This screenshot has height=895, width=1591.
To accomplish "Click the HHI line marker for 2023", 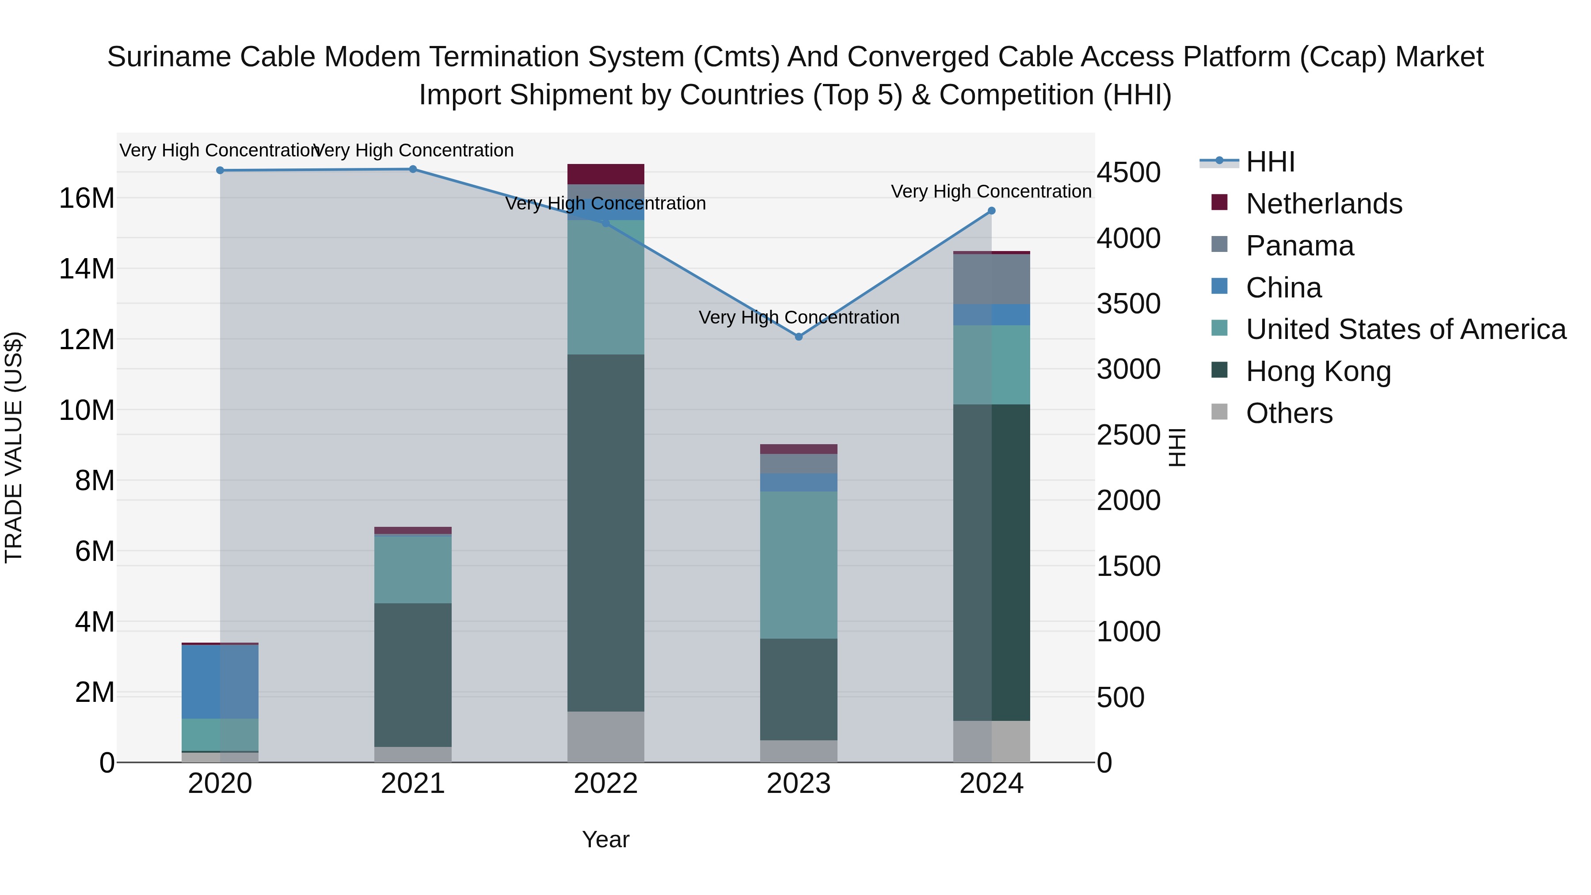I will pyautogui.click(x=799, y=337).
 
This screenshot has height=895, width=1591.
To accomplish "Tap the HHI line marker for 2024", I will pyautogui.click(x=991, y=211).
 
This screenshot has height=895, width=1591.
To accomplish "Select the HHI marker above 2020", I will pyautogui.click(x=221, y=171).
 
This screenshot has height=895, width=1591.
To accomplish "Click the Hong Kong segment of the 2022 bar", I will pyautogui.click(x=605, y=533).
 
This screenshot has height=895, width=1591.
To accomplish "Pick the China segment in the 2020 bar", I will pyautogui.click(x=220, y=681).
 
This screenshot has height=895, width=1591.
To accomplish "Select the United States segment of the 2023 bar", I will pyautogui.click(x=799, y=564).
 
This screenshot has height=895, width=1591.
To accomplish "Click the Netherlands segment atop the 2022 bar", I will pyautogui.click(x=605, y=174).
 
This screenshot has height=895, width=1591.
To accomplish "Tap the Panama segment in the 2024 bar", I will pyautogui.click(x=991, y=279).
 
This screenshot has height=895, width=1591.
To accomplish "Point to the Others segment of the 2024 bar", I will pyautogui.click(x=991, y=741).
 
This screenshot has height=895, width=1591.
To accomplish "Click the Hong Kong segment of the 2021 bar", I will pyautogui.click(x=413, y=674).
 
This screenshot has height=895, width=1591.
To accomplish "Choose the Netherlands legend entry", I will pyautogui.click(x=1324, y=204).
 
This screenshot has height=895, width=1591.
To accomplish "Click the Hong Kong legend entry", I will pyautogui.click(x=1318, y=371).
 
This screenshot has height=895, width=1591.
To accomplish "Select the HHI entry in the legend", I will pyautogui.click(x=1270, y=162).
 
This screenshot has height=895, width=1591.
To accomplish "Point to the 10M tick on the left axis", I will pyautogui.click(x=87, y=410).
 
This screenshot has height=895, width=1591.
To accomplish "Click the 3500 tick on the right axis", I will pyautogui.click(x=1128, y=304).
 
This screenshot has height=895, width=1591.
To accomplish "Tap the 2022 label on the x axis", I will pyautogui.click(x=605, y=784).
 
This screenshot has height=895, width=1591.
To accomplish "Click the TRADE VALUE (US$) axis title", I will pyautogui.click(x=14, y=447).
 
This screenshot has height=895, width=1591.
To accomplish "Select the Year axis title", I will pyautogui.click(x=605, y=839).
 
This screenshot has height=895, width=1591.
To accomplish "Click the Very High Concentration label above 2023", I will pyautogui.click(x=799, y=317).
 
